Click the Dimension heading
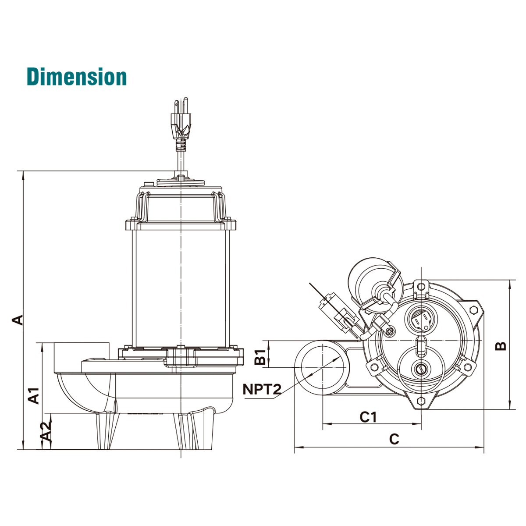coord(77,77)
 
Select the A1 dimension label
coord(34,396)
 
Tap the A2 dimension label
coord(46,435)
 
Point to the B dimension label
coord(501,346)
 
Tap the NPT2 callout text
coord(262,389)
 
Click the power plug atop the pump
coord(181,124)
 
